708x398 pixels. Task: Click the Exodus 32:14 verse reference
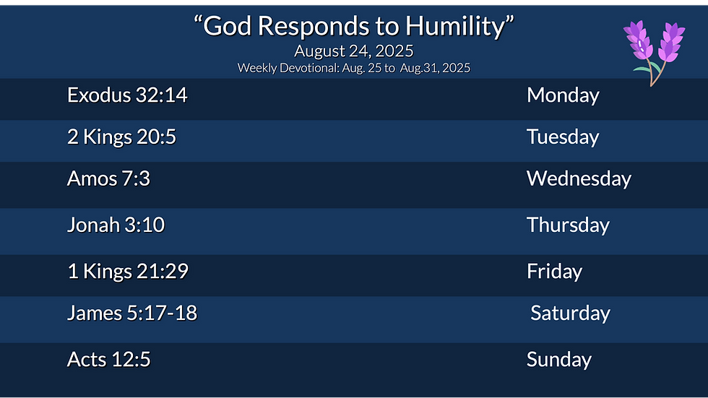[127, 95]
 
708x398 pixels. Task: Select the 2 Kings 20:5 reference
[121, 137]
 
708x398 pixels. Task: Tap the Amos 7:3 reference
[108, 178]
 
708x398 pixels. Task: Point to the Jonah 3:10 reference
[116, 225]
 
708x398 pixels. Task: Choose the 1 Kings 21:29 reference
[128, 272]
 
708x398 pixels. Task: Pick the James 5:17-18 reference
[132, 313]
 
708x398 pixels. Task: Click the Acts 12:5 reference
[108, 360]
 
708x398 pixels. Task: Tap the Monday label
[563, 95]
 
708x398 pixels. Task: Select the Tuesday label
[563, 137]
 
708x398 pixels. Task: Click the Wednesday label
[579, 178]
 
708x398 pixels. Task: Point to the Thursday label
[568, 225]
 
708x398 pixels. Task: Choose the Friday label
[554, 272]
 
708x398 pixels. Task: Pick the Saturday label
[570, 313]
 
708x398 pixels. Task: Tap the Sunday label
[559, 360]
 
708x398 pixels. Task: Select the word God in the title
[228, 26]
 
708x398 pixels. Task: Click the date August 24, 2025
[354, 51]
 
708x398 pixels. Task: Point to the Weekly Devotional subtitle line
[354, 69]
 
